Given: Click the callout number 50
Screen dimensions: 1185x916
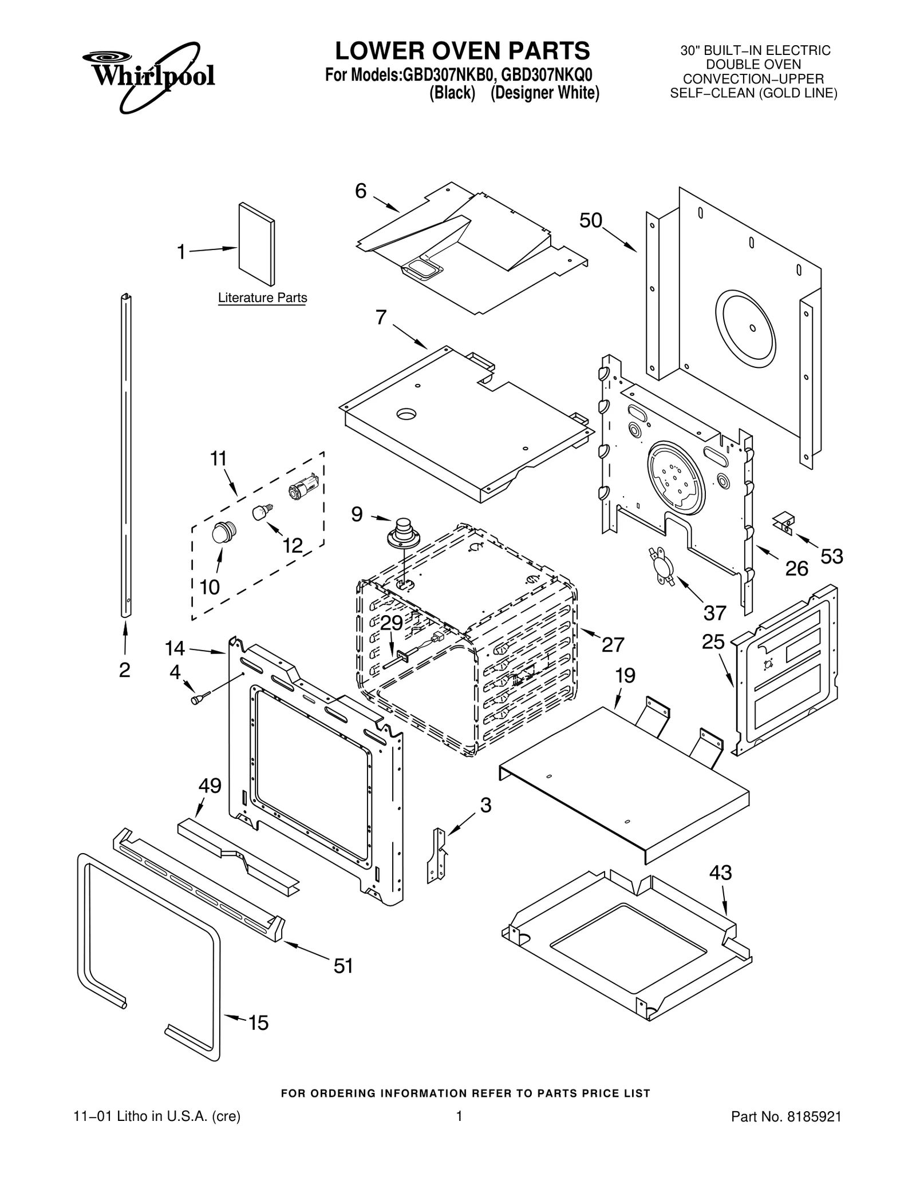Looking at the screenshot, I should click(x=590, y=220).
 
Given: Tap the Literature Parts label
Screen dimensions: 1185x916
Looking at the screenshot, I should click(x=262, y=298).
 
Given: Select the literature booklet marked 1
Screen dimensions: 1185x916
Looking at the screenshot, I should click(x=256, y=244).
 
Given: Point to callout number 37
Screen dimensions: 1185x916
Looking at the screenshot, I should click(x=714, y=613).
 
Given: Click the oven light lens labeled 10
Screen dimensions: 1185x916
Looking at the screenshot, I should click(x=221, y=533).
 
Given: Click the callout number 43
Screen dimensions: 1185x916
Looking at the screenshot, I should click(x=720, y=873).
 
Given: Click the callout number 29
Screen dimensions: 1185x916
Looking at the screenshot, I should click(x=392, y=623).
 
